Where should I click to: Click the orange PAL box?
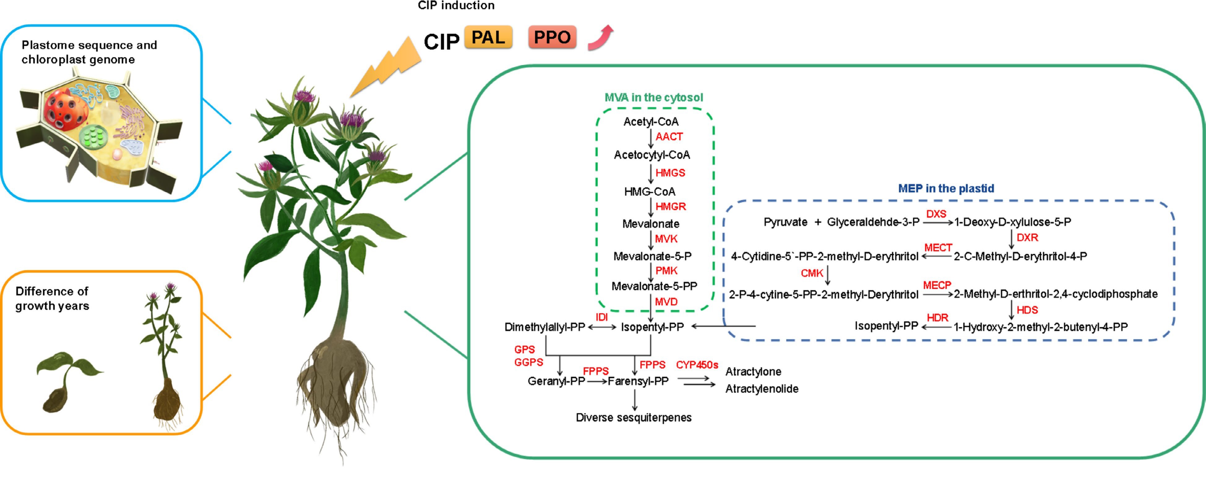[x=488, y=37]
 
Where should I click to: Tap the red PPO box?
[x=552, y=37]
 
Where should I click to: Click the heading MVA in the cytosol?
[x=653, y=97]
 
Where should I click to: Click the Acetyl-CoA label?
[x=651, y=122]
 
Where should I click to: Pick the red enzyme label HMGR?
[x=670, y=206]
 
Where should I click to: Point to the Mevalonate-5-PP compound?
[x=654, y=286]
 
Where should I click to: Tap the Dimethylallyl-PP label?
[x=545, y=327]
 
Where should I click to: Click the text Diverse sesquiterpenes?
[x=633, y=417]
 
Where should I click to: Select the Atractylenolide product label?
[x=762, y=389]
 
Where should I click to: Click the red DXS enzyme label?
[x=936, y=214]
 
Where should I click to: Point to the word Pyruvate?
[x=785, y=222]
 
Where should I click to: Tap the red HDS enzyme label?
[x=1027, y=310]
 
